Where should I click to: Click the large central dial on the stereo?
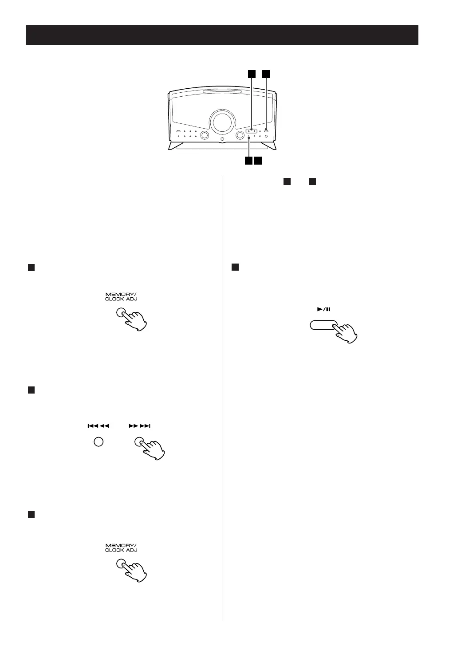pos(222,121)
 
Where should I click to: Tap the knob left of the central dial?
pos(205,135)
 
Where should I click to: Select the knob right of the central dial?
pos(240,135)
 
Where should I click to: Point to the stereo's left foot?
pos(174,145)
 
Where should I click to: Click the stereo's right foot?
pos(269,145)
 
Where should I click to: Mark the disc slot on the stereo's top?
pos(222,93)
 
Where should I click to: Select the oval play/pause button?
pos(323,326)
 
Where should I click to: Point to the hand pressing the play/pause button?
pos(346,332)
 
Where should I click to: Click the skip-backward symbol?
pos(98,426)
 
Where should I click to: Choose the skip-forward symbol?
pos(140,426)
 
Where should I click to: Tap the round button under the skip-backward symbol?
pos(98,442)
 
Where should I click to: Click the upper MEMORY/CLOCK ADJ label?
pos(121,296)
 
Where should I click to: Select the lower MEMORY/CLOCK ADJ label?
pos(121,547)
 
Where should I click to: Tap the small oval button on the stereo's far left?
pos(178,131)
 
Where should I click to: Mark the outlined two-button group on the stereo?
pos(252,131)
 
